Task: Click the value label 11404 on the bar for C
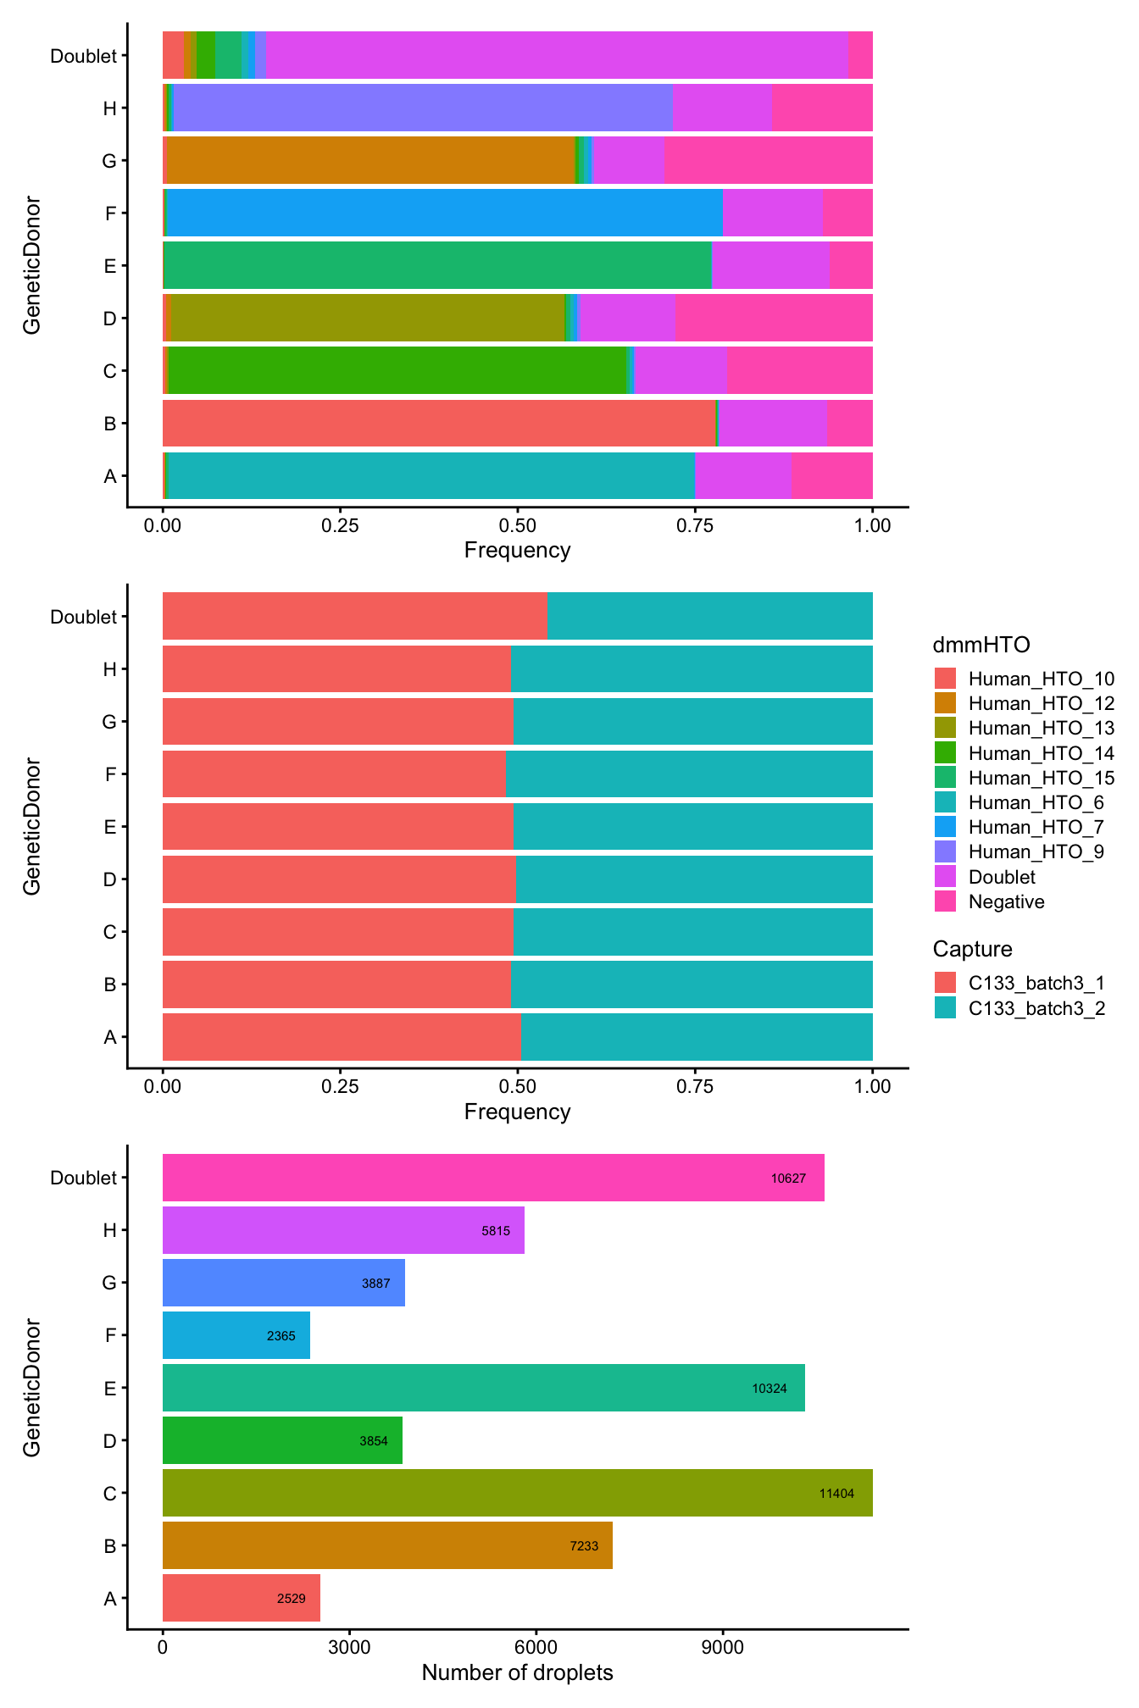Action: (836, 1494)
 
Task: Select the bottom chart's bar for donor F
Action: (236, 1335)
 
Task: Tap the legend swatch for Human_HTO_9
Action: (945, 851)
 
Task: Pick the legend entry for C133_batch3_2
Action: (1036, 1008)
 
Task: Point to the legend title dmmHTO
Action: (981, 646)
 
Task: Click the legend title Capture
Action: (972, 949)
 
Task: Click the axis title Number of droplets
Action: (517, 1673)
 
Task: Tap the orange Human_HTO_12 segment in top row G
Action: (371, 160)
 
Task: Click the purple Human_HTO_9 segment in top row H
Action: (422, 108)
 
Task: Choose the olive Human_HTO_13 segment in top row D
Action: (367, 318)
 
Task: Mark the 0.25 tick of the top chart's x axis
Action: (340, 525)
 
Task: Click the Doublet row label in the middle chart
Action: (83, 617)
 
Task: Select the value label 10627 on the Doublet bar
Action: (788, 1178)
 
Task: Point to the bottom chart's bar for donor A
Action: (241, 1598)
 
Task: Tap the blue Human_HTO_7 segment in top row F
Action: (444, 213)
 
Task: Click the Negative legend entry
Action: (1006, 901)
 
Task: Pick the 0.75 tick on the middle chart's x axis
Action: (695, 1087)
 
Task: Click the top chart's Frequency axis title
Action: (517, 551)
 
